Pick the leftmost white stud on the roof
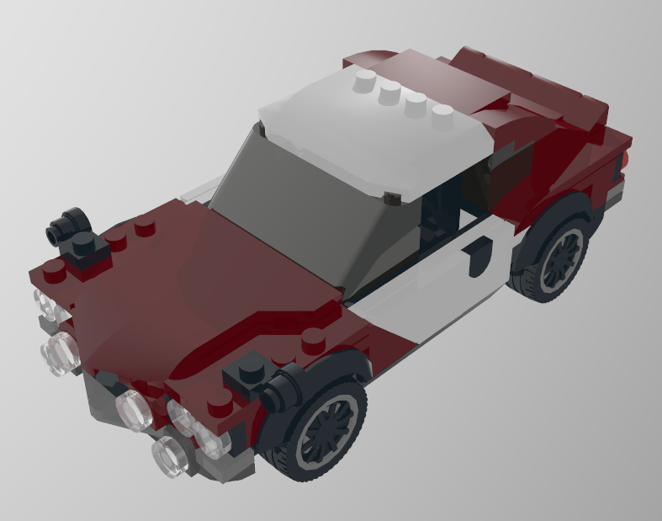[x=364, y=81]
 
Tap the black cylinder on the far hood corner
[x=69, y=223]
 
